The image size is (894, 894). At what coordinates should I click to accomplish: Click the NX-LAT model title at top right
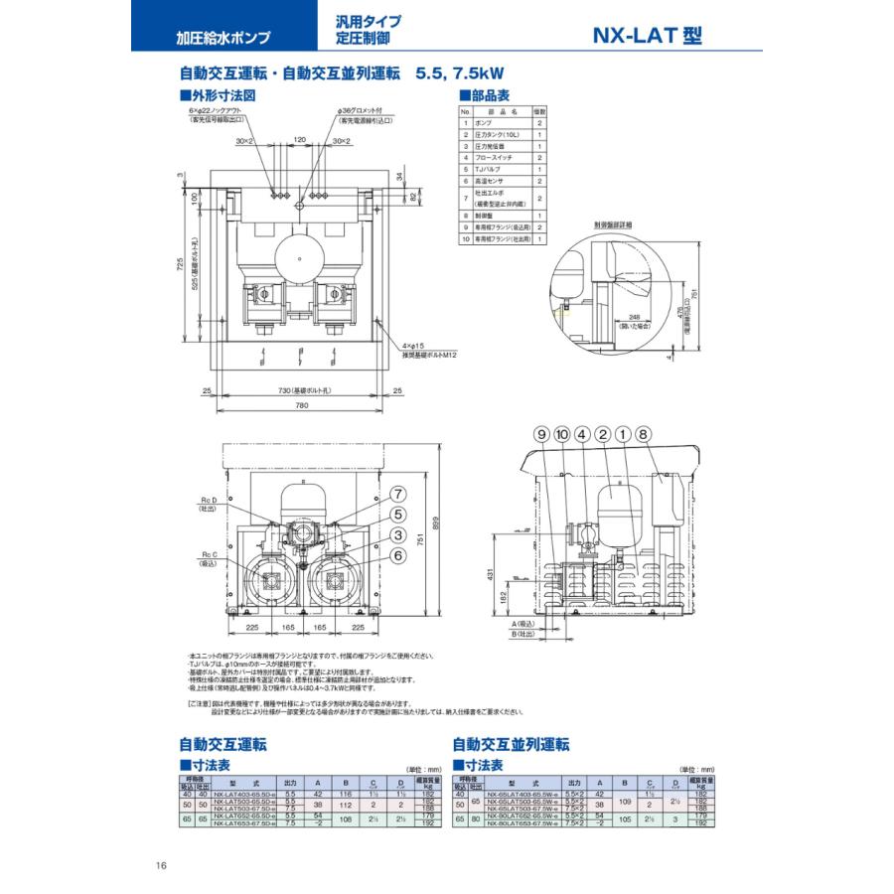[x=647, y=36]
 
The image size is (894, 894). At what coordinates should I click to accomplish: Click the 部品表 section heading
[x=489, y=95]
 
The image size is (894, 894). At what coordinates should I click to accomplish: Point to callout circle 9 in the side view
[x=542, y=433]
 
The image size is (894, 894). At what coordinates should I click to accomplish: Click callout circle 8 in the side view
[x=643, y=433]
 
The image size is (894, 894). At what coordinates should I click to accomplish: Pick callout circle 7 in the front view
[x=396, y=494]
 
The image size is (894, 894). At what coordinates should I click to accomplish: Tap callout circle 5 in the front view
[x=396, y=515]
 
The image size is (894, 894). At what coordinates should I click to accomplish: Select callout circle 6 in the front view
[x=396, y=556]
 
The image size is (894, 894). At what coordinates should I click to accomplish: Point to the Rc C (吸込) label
[x=207, y=558]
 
